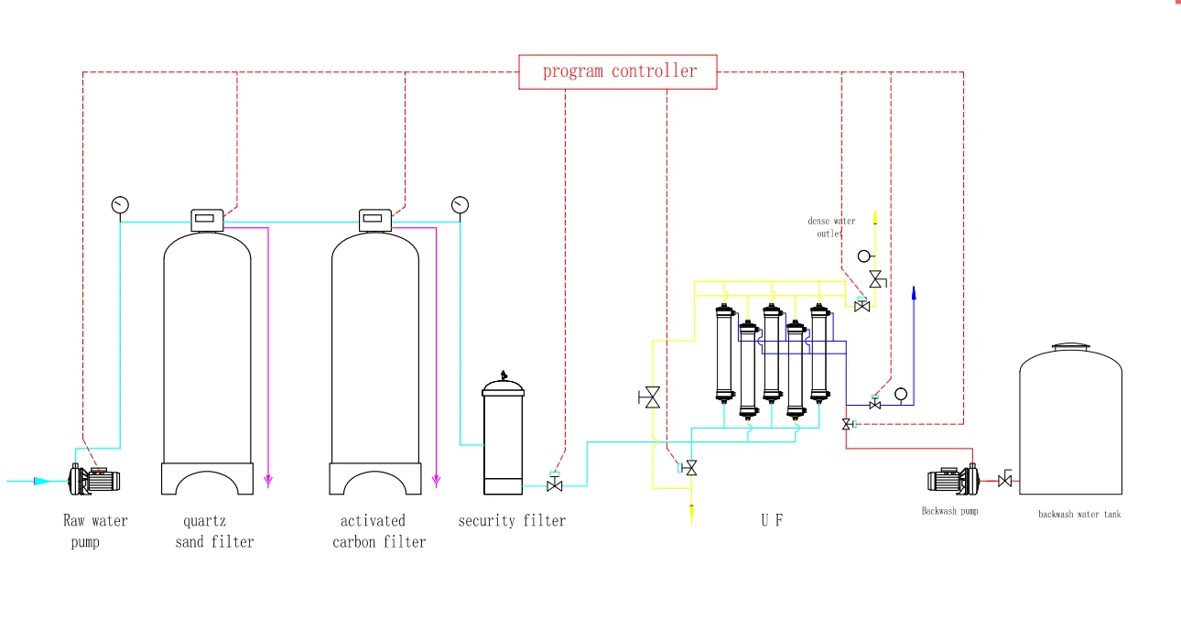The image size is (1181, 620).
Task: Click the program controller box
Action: click(x=617, y=71)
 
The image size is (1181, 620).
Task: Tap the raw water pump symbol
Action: click(x=94, y=479)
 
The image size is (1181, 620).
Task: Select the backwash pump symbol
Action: click(x=953, y=480)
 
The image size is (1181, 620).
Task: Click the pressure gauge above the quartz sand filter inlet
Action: click(x=120, y=204)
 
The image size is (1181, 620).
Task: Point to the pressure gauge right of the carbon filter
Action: click(x=460, y=204)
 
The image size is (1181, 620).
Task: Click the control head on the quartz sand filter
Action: click(x=207, y=220)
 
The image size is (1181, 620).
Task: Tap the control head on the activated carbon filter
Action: click(x=374, y=220)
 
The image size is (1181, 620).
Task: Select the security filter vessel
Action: click(x=503, y=433)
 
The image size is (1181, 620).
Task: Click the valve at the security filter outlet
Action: click(x=554, y=483)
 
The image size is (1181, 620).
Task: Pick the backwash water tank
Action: click(x=1070, y=419)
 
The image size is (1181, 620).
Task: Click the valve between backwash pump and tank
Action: click(x=1005, y=479)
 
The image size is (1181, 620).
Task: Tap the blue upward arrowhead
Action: click(x=914, y=293)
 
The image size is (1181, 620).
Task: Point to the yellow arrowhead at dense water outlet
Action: click(x=875, y=217)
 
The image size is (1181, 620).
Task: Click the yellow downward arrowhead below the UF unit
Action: click(x=691, y=514)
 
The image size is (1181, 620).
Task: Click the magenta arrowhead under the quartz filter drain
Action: click(x=268, y=481)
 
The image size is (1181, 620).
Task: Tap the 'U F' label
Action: click(x=772, y=520)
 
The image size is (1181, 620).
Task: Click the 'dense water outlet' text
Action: click(x=831, y=227)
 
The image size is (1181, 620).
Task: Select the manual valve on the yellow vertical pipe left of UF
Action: click(x=650, y=397)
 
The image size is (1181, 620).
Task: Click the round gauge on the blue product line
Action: click(x=901, y=394)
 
